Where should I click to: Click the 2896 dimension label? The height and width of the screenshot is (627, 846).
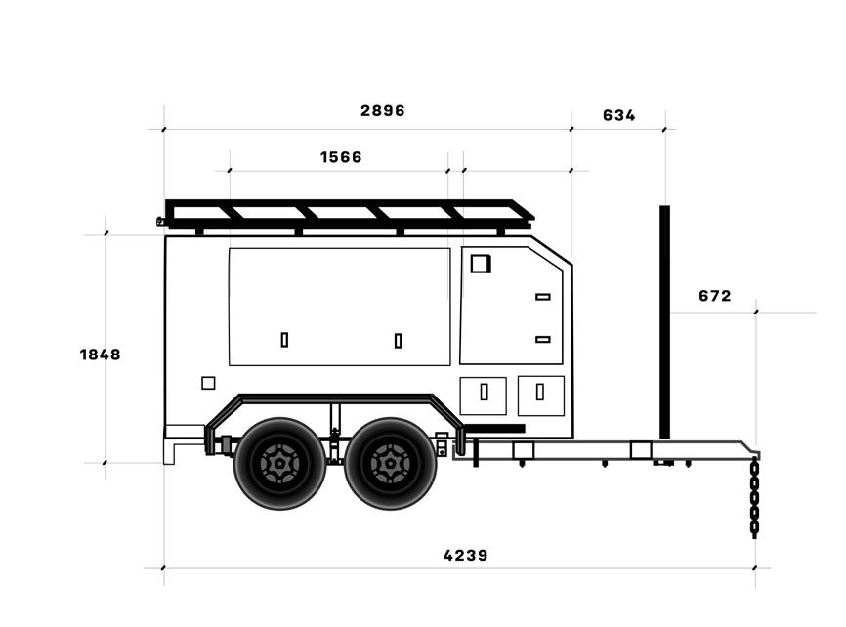(x=383, y=110)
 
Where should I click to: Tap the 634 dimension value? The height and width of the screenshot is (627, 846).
(x=618, y=115)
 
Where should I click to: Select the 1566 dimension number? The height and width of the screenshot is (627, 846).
(x=341, y=157)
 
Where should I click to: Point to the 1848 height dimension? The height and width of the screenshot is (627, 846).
(x=101, y=355)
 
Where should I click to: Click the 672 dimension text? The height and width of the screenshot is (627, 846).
(x=715, y=296)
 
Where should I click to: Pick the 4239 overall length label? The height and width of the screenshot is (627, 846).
(x=466, y=556)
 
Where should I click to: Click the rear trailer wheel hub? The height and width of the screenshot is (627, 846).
(x=279, y=464)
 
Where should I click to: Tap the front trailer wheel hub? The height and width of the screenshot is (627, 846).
(x=390, y=464)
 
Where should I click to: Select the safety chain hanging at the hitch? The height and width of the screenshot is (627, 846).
(x=755, y=497)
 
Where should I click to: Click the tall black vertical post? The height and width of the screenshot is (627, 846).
(x=664, y=321)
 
